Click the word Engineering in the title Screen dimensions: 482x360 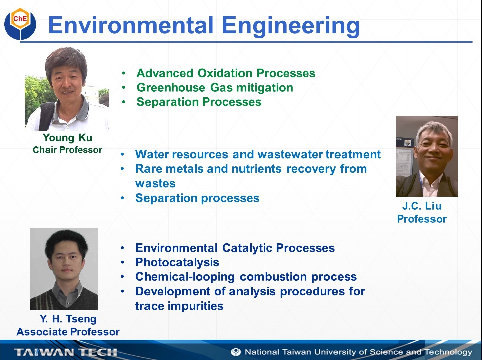[291, 26]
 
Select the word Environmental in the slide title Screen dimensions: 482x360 [131, 25]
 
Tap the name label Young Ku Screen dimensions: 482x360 [68, 138]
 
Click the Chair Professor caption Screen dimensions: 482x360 [68, 150]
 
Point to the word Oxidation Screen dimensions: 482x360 [225, 73]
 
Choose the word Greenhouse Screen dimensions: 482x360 [171, 88]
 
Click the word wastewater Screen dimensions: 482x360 [290, 154]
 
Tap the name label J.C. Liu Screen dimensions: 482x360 [421, 206]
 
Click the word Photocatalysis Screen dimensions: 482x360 [177, 262]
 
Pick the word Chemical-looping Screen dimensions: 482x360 [185, 277]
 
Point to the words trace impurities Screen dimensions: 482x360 [179, 306]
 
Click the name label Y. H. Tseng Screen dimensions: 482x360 [68, 319]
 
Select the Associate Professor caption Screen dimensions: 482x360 [68, 332]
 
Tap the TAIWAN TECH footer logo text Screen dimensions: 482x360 [66, 352]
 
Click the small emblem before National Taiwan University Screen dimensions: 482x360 [236, 352]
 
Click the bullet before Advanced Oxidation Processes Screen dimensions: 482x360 [124, 73]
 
